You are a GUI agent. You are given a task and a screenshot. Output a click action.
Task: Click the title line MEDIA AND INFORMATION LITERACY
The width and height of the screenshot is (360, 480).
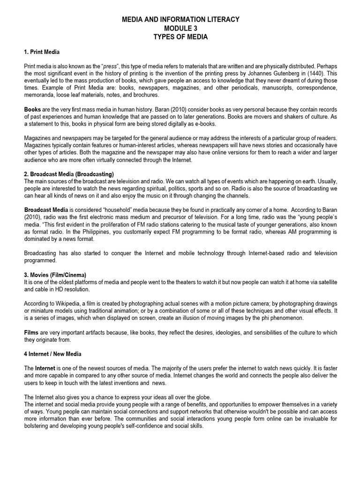[180, 19]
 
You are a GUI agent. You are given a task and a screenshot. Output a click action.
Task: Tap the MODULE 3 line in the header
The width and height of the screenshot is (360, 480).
[180, 28]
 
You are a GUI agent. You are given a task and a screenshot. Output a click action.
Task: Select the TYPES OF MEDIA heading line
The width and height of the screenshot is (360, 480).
[180, 37]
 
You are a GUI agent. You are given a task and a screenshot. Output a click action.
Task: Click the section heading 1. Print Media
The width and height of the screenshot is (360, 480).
[42, 52]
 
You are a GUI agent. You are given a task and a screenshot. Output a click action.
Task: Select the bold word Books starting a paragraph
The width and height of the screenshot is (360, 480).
[32, 109]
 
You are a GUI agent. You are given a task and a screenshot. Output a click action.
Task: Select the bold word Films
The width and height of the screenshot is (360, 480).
[31, 332]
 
